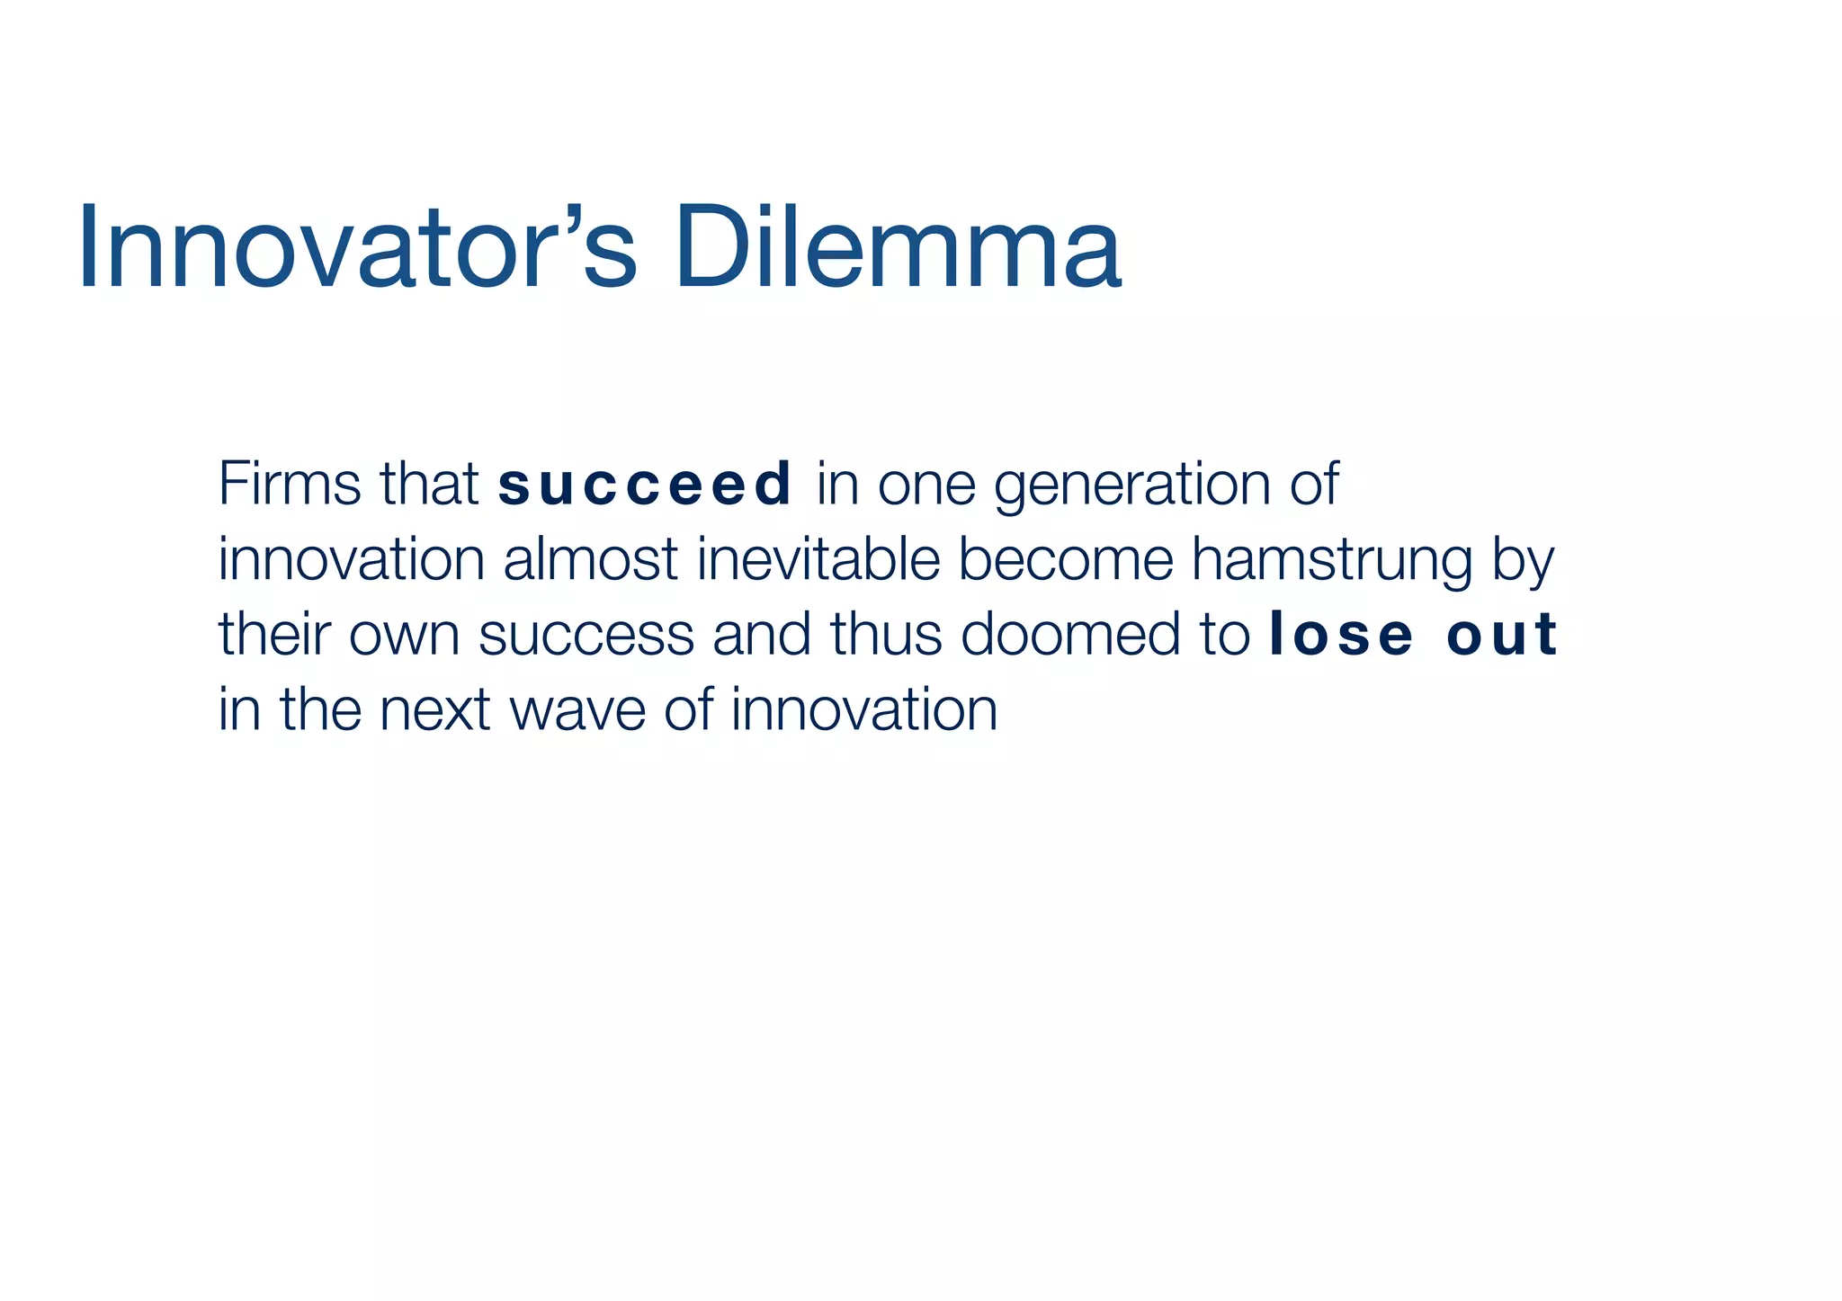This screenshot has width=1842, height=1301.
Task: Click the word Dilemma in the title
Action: tap(898, 248)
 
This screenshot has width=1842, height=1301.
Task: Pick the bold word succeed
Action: tap(645, 486)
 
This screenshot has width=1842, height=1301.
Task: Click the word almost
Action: tap(590, 559)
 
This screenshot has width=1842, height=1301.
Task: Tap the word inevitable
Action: tap(818, 559)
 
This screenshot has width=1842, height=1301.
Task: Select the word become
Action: tap(1066, 559)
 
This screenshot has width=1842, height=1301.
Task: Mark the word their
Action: tap(274, 634)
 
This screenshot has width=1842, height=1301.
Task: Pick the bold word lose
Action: tap(1340, 635)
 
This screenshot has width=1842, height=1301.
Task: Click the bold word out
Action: tap(1501, 635)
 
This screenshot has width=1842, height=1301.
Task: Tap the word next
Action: tap(434, 710)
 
